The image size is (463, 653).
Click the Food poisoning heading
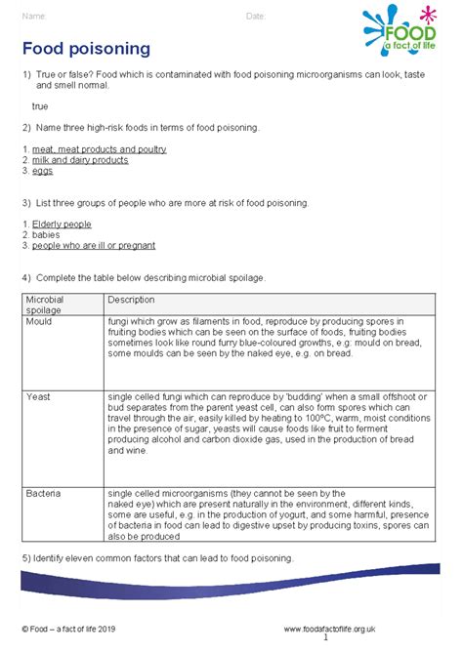86,48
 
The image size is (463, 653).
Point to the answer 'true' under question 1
40,105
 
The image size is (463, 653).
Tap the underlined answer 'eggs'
41,171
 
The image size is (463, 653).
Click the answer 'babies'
44,235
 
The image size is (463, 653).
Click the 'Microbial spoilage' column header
45,304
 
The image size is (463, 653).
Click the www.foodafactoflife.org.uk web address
330,630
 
